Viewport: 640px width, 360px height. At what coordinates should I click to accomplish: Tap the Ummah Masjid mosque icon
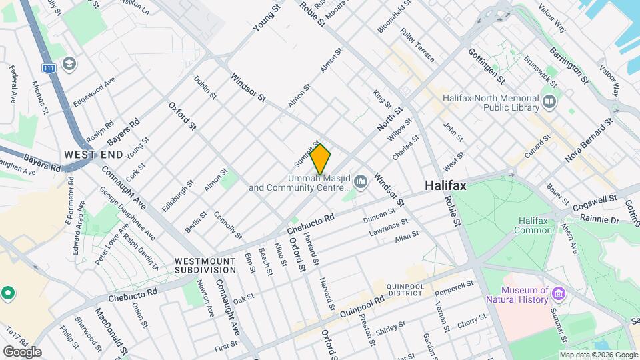click(361, 181)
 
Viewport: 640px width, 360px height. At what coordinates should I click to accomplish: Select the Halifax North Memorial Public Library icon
click(549, 102)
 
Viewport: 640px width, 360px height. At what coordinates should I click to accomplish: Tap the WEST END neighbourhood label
click(93, 155)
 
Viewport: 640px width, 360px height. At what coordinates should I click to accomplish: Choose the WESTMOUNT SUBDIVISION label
click(205, 265)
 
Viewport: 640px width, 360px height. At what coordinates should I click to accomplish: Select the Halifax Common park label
click(533, 225)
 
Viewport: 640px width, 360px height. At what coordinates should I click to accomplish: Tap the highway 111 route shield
click(48, 68)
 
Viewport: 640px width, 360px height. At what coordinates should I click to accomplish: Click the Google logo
click(22, 351)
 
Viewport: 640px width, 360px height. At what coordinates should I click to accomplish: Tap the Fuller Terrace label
click(417, 45)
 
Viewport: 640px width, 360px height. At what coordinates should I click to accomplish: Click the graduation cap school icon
click(69, 63)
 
